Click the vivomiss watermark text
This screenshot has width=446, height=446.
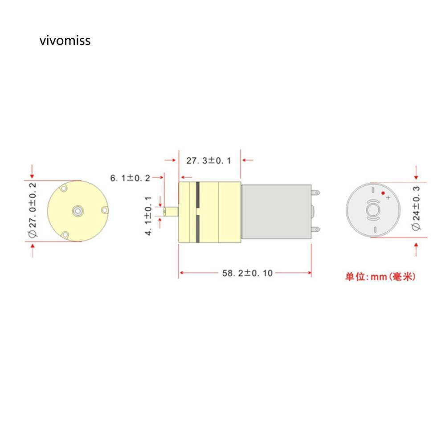point(65,41)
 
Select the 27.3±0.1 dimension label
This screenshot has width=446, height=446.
point(209,161)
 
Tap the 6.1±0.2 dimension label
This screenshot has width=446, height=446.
point(130,178)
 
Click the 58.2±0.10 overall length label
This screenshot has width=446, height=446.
point(247,273)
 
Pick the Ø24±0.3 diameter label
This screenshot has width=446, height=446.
point(416,208)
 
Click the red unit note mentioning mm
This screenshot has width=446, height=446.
point(380,277)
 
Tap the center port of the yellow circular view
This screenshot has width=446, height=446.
point(78,210)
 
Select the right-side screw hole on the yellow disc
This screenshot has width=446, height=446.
point(104,210)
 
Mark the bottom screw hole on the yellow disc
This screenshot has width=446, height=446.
point(65,234)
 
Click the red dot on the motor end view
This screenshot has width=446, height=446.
point(382,193)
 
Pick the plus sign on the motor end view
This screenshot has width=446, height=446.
point(388,197)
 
